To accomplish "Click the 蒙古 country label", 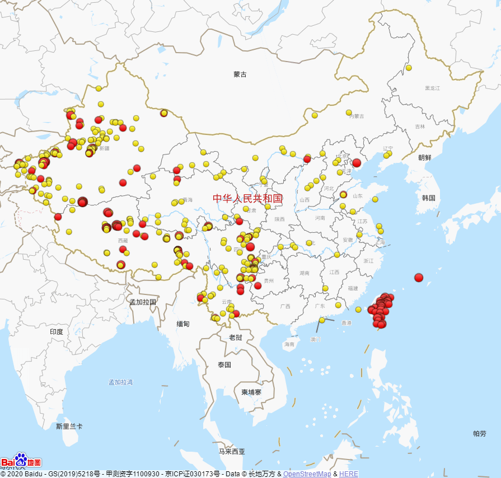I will (240, 74).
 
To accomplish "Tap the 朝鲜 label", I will (425, 158).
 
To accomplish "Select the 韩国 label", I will (429, 198).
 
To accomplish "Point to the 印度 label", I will (57, 332).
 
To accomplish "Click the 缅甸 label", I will (183, 324).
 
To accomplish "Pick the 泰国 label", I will (224, 365).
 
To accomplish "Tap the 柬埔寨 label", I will (251, 392).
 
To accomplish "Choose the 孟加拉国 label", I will (143, 302).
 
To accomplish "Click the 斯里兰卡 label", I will (69, 427).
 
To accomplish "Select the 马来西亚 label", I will (232, 452).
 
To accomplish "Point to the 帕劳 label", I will (480, 434).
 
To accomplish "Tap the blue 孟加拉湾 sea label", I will (121, 382).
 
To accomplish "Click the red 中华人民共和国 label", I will (247, 198).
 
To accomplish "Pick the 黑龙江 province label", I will (432, 88).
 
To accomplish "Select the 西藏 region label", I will (123, 241).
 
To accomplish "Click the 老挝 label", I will (236, 338).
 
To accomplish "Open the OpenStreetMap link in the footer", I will (307, 474).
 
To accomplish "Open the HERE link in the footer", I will (348, 474).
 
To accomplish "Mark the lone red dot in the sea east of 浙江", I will (419, 278).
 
